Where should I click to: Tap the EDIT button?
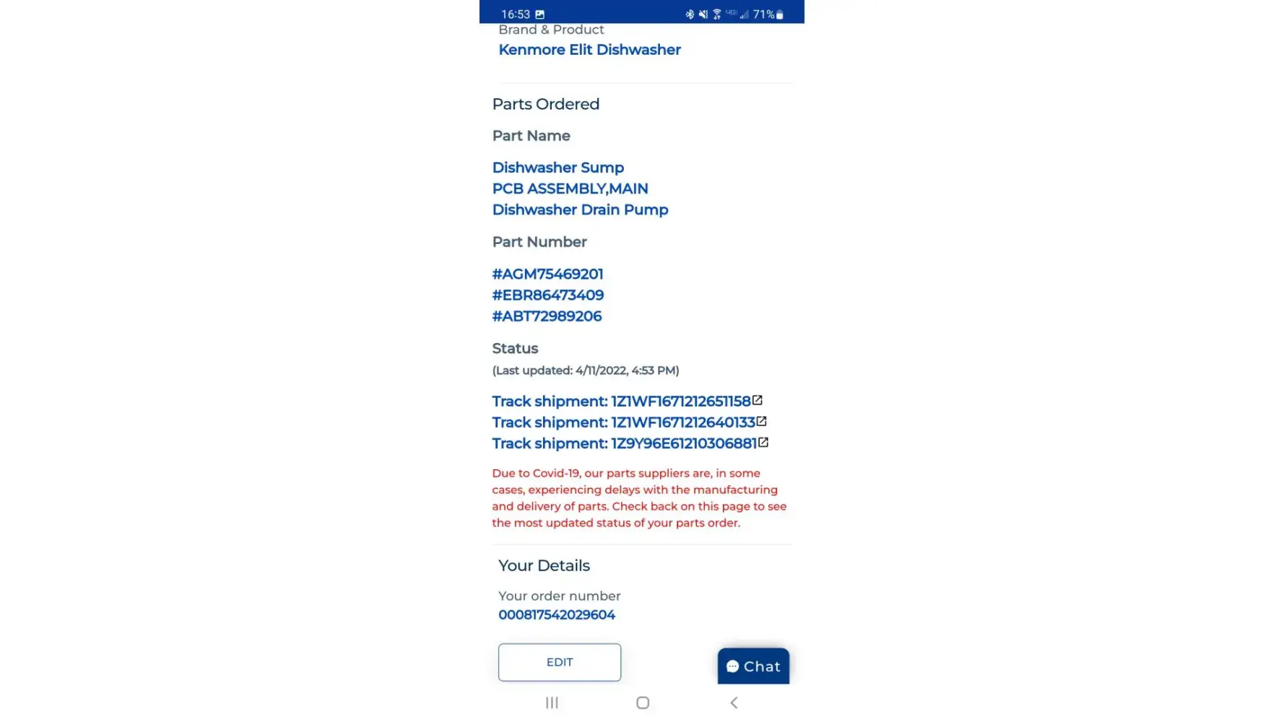(x=559, y=662)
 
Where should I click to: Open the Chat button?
(x=753, y=666)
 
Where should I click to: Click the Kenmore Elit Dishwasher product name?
(x=589, y=50)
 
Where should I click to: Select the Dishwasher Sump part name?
(x=558, y=168)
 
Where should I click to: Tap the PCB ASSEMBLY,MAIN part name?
(x=570, y=188)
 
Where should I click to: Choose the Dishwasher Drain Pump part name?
(x=580, y=209)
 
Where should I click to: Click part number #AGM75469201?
(x=547, y=274)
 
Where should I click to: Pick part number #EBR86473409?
(x=547, y=295)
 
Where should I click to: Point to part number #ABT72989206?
(x=547, y=316)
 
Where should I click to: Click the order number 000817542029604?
(x=556, y=615)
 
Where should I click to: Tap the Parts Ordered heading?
(x=545, y=104)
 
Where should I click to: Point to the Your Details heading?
(x=544, y=566)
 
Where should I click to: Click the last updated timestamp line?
(x=585, y=370)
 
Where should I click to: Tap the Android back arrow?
(x=734, y=703)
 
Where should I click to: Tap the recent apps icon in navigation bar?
(x=552, y=703)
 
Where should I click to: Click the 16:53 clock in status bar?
(x=515, y=14)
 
